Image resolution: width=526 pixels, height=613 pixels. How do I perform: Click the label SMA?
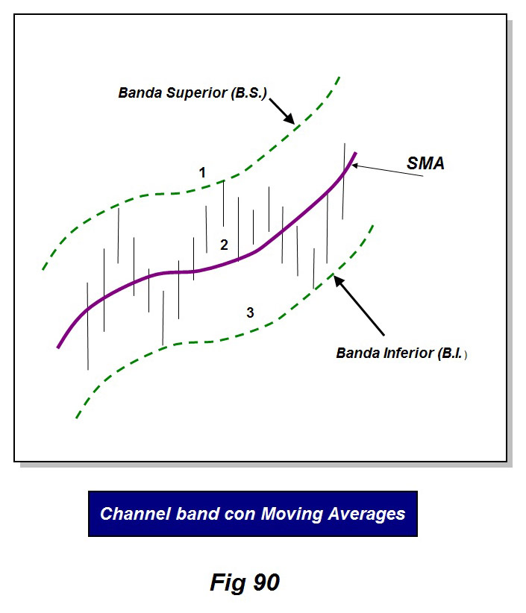[x=425, y=163]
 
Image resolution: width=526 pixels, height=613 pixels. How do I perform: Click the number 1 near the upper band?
[x=202, y=172]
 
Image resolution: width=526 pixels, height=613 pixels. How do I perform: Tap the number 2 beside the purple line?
[x=224, y=245]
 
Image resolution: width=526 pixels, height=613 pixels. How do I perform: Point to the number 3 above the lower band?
[x=250, y=312]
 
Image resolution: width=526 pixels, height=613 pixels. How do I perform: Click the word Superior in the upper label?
[x=196, y=93]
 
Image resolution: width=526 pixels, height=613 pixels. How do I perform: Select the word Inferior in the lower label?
[x=409, y=353]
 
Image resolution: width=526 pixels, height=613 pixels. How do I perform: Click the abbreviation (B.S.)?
[x=248, y=93]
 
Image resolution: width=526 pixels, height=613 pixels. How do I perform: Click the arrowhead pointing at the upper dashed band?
[x=289, y=119]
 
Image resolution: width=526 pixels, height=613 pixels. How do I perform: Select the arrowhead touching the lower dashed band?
[x=339, y=281]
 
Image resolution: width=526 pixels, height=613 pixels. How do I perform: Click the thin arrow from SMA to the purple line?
[x=387, y=171]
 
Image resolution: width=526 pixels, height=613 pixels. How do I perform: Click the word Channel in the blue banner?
[x=135, y=514]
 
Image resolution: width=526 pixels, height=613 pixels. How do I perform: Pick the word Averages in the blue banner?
[x=366, y=515]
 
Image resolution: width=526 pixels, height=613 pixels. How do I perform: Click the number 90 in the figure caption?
[x=266, y=582]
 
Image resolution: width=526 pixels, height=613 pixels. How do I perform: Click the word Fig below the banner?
[x=228, y=583]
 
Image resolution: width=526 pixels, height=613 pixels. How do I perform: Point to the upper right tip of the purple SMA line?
[x=355, y=154]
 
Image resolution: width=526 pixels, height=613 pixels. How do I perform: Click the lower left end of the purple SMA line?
[x=58, y=347]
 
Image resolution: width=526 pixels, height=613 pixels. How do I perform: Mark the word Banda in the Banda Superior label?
[x=140, y=93]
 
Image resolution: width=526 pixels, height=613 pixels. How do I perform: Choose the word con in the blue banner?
[x=242, y=515]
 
